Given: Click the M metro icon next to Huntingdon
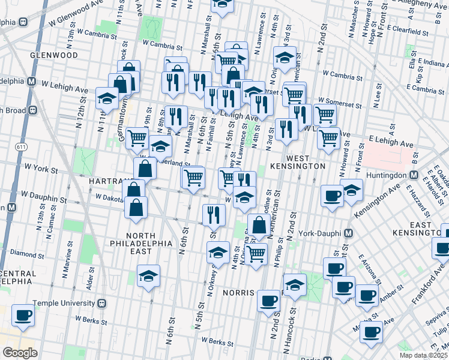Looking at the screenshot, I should tap(414, 175).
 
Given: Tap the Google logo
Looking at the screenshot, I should tap(20, 352).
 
